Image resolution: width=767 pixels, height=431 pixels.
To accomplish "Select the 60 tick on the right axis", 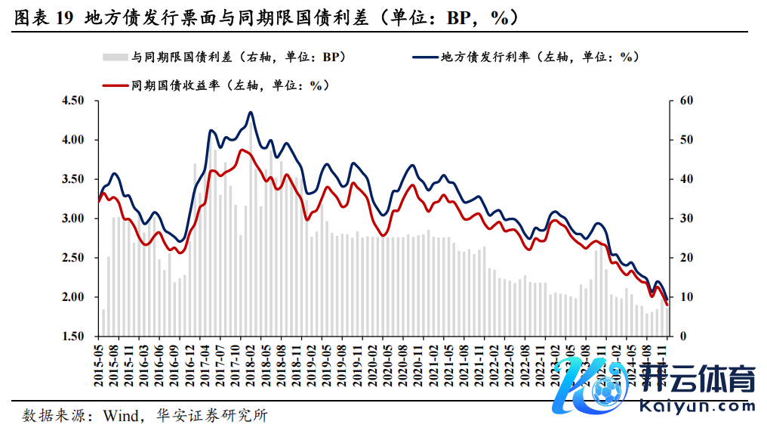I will [x=685, y=101].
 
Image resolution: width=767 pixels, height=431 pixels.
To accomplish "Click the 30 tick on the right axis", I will [x=685, y=219].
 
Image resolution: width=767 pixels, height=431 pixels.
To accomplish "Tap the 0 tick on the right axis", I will [x=682, y=336].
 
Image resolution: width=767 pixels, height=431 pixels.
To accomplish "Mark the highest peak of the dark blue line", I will [x=251, y=113].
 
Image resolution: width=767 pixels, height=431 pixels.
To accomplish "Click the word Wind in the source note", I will [x=120, y=415].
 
